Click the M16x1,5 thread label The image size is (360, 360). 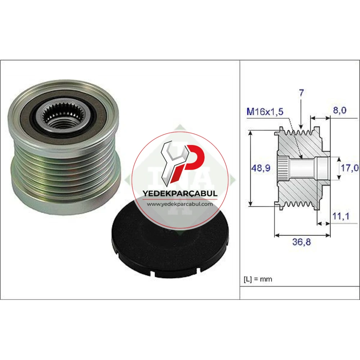coord(265,112)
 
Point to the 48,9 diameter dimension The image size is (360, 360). coord(261,168)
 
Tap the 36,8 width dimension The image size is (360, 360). coord(301,242)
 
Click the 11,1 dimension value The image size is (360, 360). coord(341,216)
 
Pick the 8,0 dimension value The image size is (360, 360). coord(340,111)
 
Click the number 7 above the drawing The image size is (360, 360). coord(301,93)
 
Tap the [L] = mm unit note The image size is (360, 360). coord(258,279)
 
